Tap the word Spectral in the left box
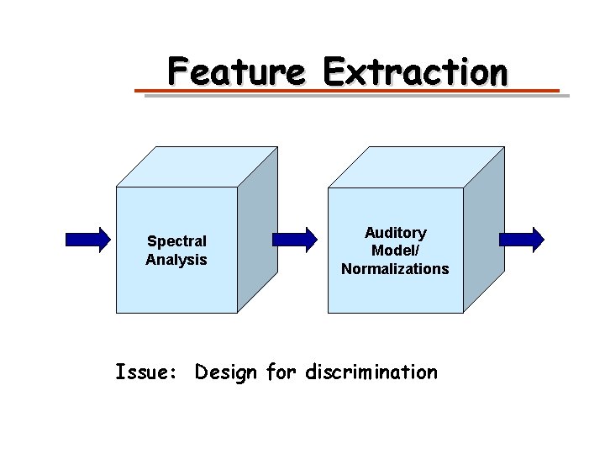point(176,241)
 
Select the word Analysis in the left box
point(176,260)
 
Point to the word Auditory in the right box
point(395,232)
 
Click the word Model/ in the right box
point(395,251)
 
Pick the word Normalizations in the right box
point(395,269)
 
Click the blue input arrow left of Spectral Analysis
point(87,240)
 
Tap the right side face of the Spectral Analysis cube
point(257,229)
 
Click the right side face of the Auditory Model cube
point(483,229)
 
